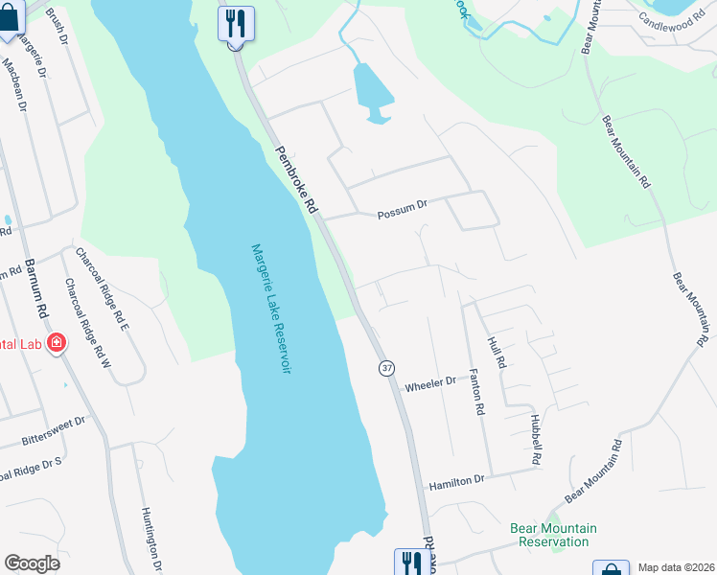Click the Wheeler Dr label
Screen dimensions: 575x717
pos(430,384)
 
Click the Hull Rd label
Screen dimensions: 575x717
pos(496,353)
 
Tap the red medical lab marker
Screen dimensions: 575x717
pos(57,342)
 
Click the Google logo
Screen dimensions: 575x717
pos(32,563)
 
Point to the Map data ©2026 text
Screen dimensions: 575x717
pos(675,567)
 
